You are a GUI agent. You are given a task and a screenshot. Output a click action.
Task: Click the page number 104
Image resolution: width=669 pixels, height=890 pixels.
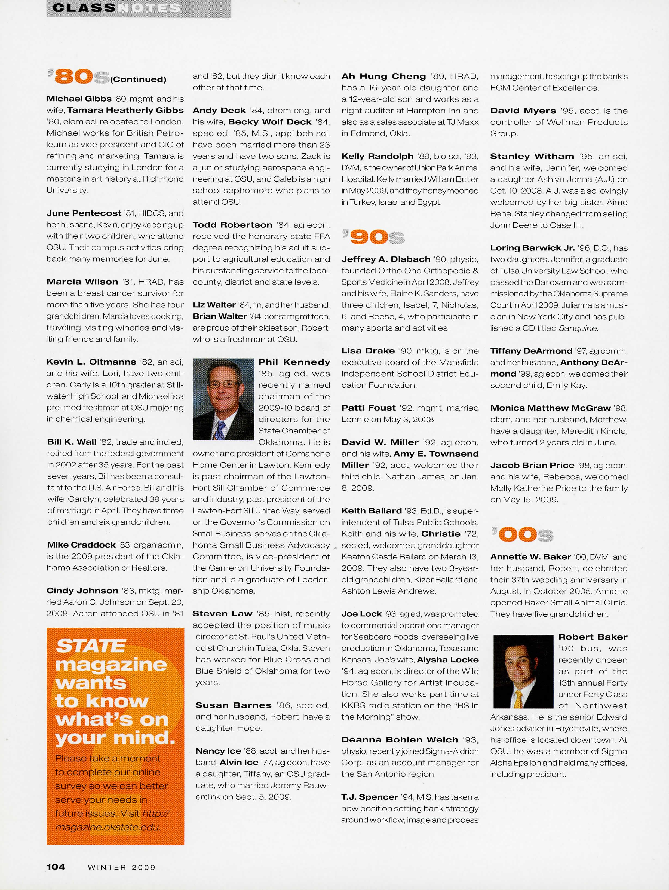[56, 867]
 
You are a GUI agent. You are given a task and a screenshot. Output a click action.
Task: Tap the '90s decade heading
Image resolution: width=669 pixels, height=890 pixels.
[373, 237]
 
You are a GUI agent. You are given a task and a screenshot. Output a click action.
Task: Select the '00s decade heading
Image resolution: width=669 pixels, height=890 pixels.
[522, 535]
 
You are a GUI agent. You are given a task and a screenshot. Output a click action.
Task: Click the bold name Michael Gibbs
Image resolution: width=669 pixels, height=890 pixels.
[79, 99]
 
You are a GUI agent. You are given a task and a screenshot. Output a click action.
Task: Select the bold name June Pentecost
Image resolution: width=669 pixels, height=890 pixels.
[84, 213]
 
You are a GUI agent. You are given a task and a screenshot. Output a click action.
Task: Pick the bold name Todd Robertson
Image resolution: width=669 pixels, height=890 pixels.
[232, 225]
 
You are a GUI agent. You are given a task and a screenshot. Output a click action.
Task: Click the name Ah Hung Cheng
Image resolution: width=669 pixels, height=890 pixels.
[383, 77]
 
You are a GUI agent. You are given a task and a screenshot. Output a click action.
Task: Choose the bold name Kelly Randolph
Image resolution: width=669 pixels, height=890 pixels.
[377, 156]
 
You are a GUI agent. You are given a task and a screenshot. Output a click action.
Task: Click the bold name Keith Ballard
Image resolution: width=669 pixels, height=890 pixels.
[371, 511]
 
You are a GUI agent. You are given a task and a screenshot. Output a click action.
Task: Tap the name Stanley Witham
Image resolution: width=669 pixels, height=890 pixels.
[532, 156]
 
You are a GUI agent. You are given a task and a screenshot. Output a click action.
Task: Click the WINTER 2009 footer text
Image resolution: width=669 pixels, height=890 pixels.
[121, 867]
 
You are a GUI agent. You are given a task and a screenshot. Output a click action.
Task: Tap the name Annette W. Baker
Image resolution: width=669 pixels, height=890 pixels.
[530, 557]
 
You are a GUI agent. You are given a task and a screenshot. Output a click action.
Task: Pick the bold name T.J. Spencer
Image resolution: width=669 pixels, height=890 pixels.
[369, 797]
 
